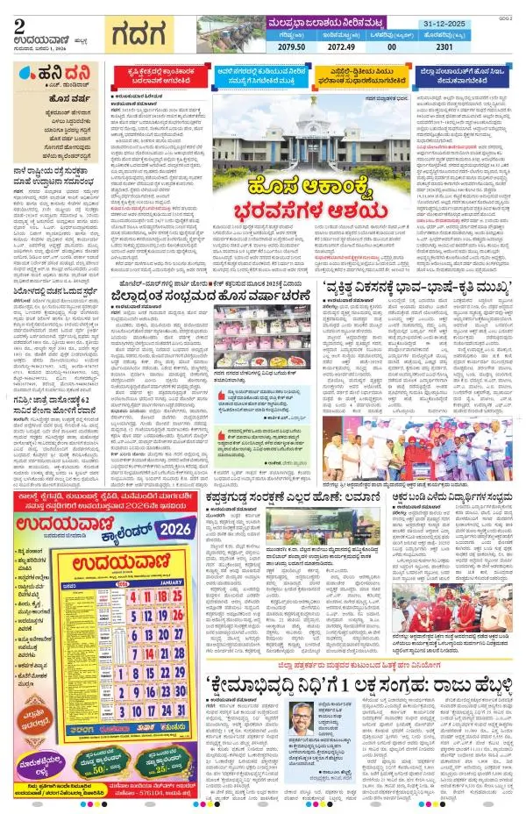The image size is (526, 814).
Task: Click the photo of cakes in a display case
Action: (x=253, y=329)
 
